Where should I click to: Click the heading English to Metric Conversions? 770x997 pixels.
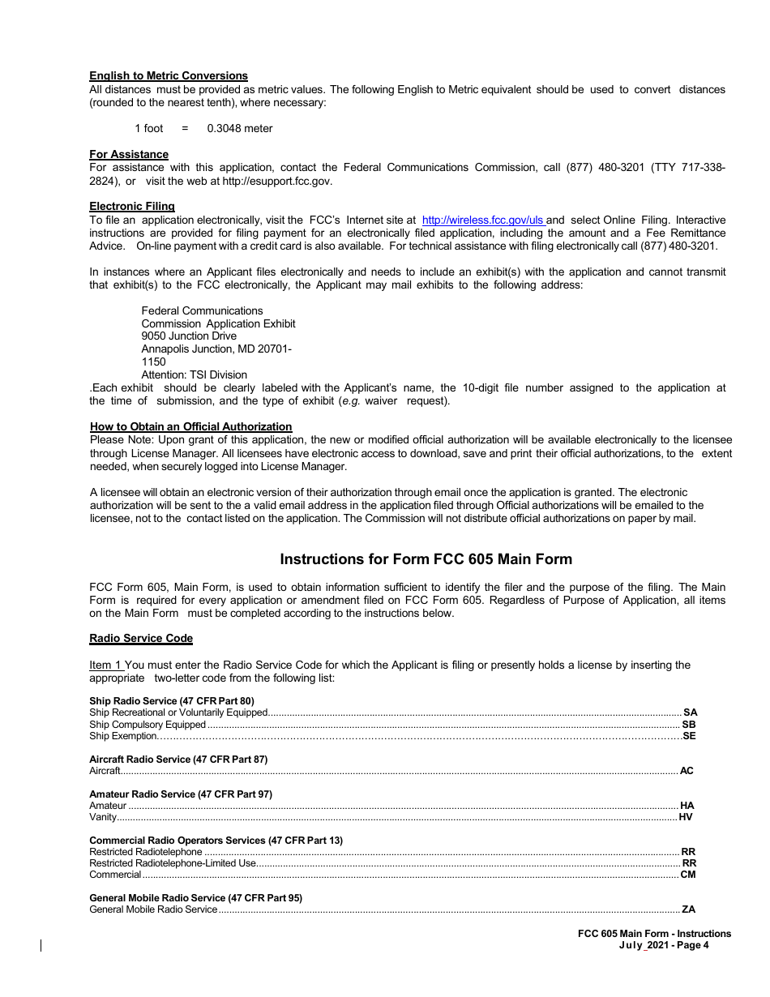(169, 76)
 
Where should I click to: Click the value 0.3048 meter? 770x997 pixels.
(240, 128)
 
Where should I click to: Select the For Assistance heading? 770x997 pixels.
(129, 154)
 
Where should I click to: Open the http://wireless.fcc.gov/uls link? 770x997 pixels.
(483, 220)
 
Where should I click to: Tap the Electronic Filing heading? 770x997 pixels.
(132, 207)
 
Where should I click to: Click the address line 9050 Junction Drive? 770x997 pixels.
(189, 336)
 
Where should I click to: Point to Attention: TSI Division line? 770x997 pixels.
(195, 374)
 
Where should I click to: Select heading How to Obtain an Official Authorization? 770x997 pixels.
(190, 426)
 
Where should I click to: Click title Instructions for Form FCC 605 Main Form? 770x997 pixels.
(426, 559)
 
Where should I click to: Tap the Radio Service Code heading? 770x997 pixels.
(141, 638)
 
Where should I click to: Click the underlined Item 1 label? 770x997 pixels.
(105, 665)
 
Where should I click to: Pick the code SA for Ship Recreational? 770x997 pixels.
(690, 712)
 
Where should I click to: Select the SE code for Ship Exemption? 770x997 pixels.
(689, 736)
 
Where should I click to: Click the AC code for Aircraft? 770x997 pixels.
(687, 771)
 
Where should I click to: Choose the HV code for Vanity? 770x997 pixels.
(686, 817)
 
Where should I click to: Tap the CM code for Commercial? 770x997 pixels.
(687, 875)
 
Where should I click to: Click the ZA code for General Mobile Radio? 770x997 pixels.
(688, 909)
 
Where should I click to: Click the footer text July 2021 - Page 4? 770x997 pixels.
(663, 944)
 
